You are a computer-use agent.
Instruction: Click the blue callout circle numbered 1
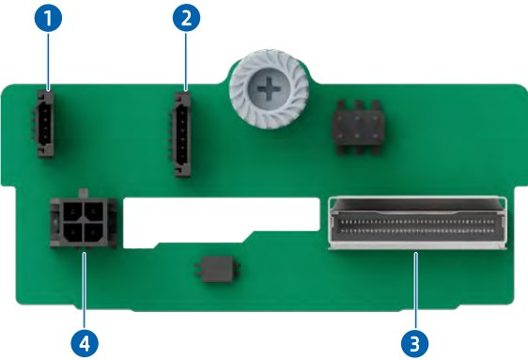(x=48, y=18)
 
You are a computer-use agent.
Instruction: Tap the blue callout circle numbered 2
(x=186, y=18)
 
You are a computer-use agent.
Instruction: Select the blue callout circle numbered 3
(x=415, y=343)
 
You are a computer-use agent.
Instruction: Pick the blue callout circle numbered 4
(x=85, y=343)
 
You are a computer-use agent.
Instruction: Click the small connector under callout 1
(x=43, y=123)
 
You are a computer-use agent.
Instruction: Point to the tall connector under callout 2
(x=180, y=134)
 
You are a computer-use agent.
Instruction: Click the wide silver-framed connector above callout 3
(x=417, y=223)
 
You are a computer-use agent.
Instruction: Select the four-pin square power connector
(x=84, y=222)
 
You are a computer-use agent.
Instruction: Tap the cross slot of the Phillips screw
(x=269, y=89)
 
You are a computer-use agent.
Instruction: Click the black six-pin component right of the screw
(x=358, y=127)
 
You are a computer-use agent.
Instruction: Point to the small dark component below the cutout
(x=218, y=269)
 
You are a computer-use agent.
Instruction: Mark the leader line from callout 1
(x=49, y=61)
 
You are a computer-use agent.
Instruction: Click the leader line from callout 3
(x=416, y=290)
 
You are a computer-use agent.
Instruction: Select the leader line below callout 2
(x=186, y=61)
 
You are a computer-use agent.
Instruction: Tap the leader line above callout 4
(x=85, y=291)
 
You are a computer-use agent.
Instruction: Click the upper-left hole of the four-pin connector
(x=72, y=211)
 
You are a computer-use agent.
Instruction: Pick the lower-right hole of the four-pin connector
(x=94, y=232)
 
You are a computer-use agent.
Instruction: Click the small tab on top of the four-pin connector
(x=83, y=193)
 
